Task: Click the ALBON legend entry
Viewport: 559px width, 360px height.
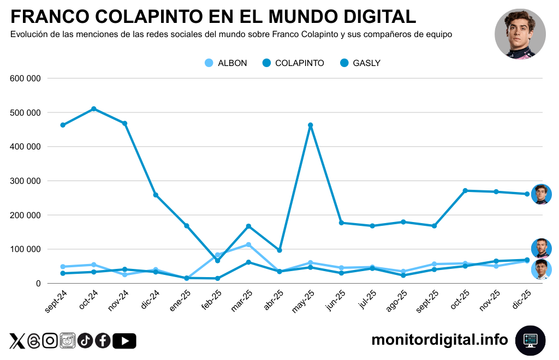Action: [225, 63]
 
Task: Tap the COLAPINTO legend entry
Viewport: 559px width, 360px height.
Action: [293, 63]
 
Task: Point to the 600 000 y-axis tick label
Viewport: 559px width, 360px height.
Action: [26, 79]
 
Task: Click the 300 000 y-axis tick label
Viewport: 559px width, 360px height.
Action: [26, 181]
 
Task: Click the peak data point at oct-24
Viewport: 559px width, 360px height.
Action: [94, 109]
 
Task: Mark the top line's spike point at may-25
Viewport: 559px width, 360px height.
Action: [310, 125]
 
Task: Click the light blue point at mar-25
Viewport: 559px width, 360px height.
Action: [248, 244]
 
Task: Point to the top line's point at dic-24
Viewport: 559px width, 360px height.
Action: [156, 195]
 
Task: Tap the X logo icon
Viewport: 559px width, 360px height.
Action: [17, 341]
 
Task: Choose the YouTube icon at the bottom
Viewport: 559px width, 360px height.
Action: [125, 341]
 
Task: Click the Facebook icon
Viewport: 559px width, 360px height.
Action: [103, 341]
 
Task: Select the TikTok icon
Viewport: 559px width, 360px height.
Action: [85, 341]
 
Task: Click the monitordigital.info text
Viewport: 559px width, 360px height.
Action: [439, 340]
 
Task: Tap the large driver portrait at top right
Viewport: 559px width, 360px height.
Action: [520, 34]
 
